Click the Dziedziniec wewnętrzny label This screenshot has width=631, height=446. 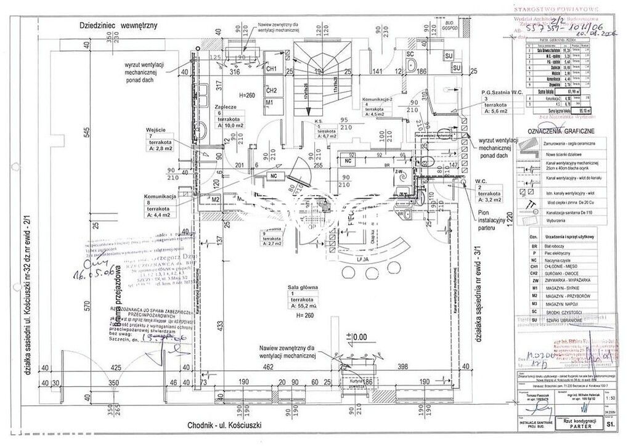coord(119,26)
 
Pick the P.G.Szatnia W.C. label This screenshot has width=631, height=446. coord(502,92)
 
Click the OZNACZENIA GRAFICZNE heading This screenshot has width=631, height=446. coord(557,131)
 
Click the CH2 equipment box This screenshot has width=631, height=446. coord(271,91)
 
